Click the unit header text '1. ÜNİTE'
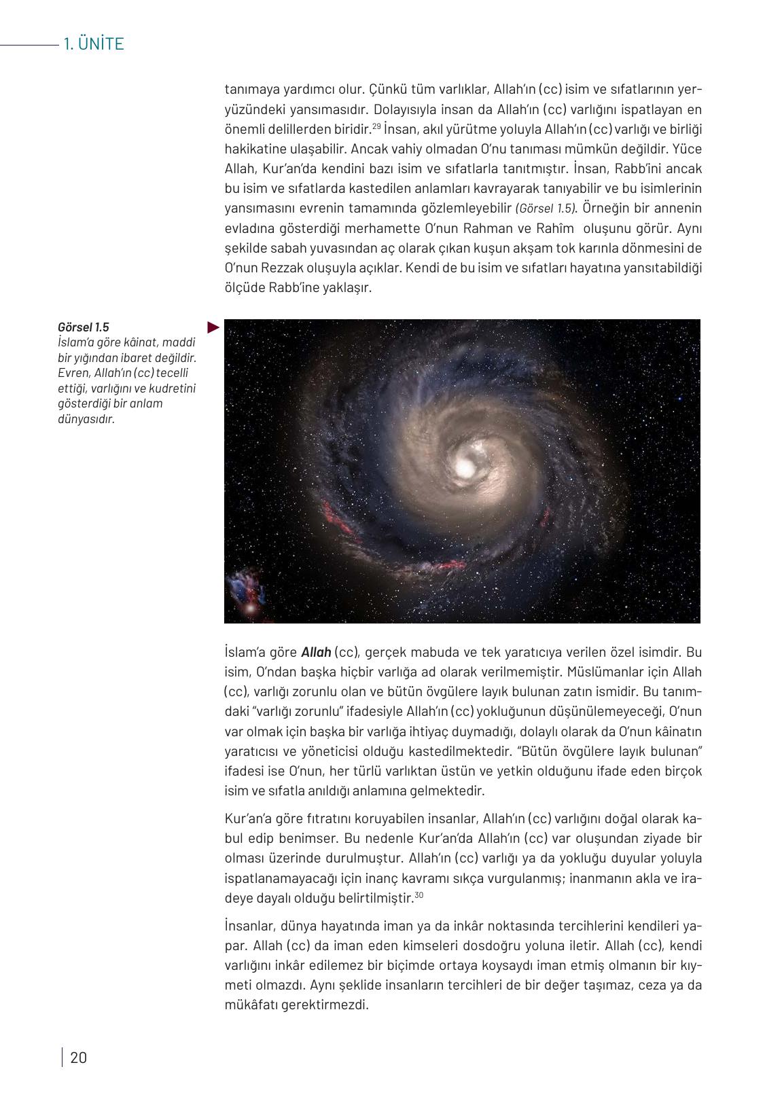[94, 44]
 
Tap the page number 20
[79, 1057]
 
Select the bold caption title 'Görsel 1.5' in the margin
[83, 327]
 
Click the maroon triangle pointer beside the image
[213, 327]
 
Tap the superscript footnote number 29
[376, 126]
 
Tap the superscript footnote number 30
[419, 894]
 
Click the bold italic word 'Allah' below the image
[316, 652]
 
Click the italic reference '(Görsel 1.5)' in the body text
[545, 209]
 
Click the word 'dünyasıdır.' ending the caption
[86, 418]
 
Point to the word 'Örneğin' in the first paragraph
[604, 209]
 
